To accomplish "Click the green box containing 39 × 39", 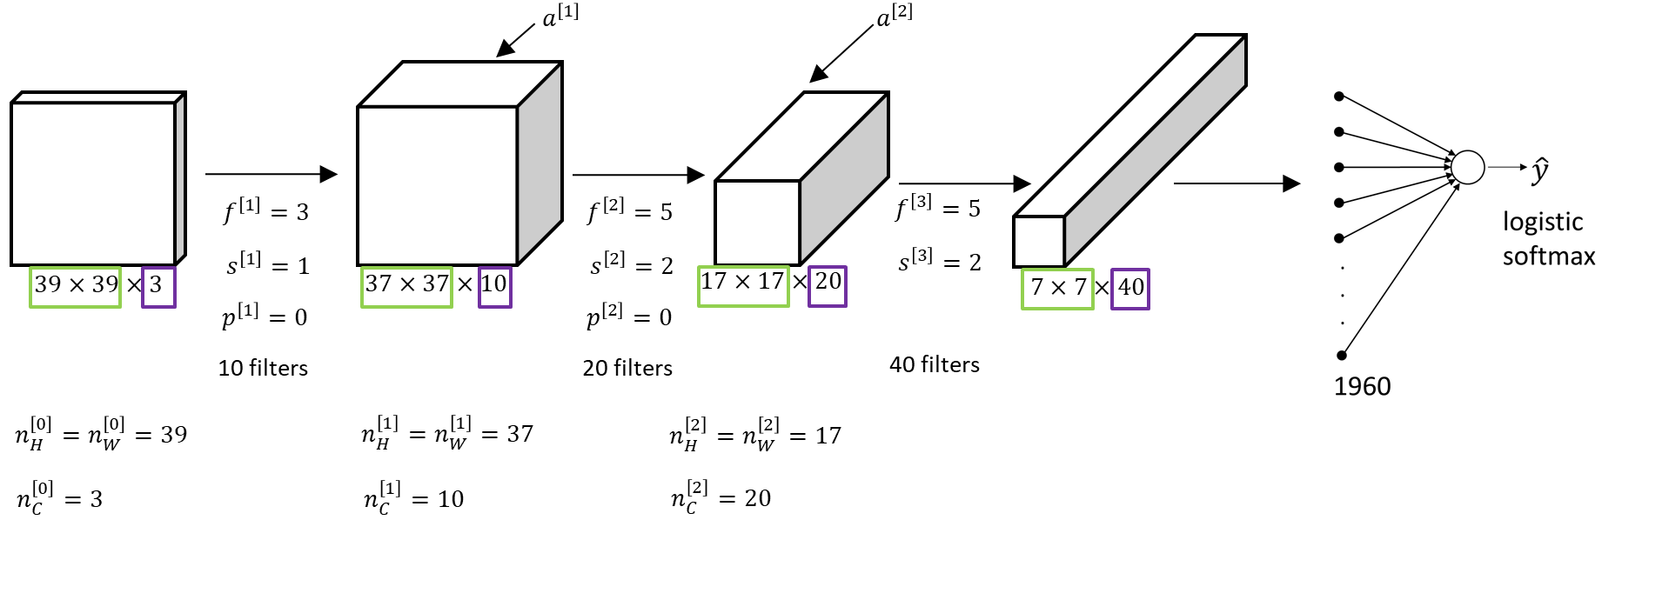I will point(76,287).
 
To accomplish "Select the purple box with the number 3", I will point(159,287).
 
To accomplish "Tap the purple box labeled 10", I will point(495,286).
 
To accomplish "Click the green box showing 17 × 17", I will point(744,285).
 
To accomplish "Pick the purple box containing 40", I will point(1130,289).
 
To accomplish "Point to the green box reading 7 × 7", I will point(1057,289).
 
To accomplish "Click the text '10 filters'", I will point(263,368).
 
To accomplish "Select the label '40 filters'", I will point(934,364).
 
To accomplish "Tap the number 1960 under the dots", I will point(1362,386).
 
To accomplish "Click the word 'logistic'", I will point(1542,222).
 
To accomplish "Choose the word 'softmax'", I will point(1549,257).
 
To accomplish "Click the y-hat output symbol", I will point(1540,170).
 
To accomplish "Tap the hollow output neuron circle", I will point(1468,167).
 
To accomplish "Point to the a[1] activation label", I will point(560,16).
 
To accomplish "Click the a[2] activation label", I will point(894,16).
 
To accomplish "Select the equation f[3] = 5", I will point(938,208).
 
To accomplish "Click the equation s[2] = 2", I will point(632,264).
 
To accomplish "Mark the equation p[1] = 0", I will point(265,316).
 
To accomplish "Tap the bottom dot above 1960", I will point(1342,355).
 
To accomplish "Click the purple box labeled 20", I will point(828,286).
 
